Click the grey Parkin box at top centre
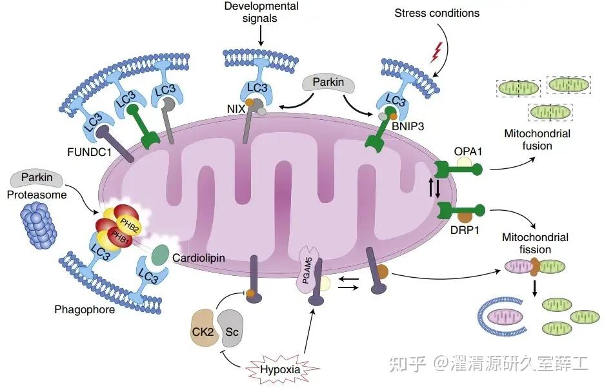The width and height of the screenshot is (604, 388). coord(328,83)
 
